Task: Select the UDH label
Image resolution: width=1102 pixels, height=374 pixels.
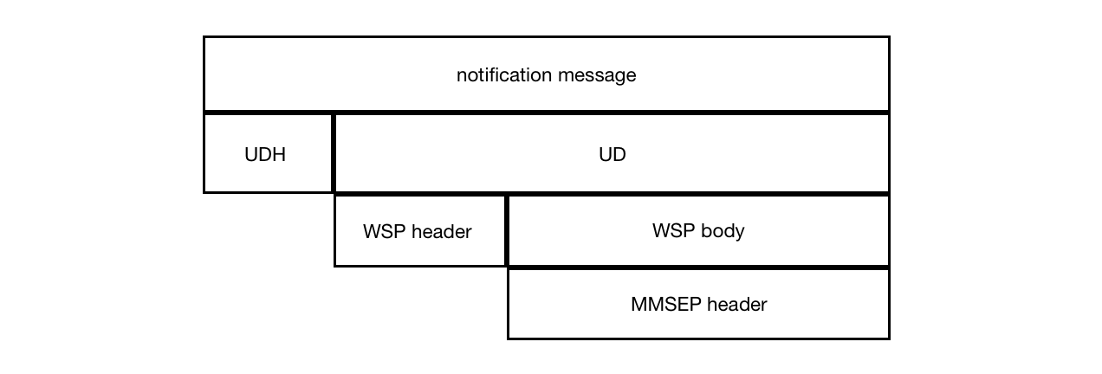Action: pos(266,155)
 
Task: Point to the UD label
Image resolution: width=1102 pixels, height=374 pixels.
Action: pos(612,155)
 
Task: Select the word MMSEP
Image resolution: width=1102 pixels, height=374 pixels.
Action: pos(666,305)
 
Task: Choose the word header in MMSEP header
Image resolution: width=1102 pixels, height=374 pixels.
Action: pos(736,305)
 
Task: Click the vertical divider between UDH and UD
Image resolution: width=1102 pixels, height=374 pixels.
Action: pos(334,152)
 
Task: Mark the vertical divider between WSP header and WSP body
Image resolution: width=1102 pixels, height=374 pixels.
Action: pos(507,230)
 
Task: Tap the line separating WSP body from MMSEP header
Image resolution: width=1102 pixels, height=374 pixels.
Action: pos(698,268)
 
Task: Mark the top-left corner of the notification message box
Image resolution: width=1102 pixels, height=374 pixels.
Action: pos(204,37)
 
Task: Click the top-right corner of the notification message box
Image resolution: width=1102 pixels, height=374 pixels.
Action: pos(889,37)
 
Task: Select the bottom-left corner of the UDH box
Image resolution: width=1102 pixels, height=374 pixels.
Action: pos(204,191)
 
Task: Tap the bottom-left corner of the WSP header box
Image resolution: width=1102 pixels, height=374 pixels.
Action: pos(335,265)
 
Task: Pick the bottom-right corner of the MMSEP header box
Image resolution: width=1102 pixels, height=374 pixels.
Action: pos(889,338)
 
